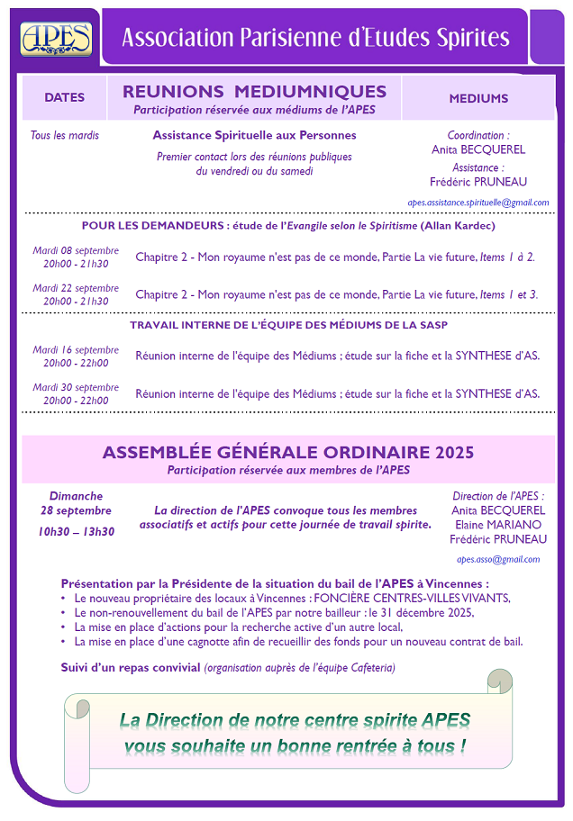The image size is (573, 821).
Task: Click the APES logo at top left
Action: click(x=56, y=37)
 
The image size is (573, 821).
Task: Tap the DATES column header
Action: click(x=64, y=98)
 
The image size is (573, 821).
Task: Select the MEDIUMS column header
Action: click(x=478, y=98)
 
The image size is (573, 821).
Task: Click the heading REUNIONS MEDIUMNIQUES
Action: click(x=254, y=92)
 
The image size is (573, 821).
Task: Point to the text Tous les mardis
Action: click(x=65, y=136)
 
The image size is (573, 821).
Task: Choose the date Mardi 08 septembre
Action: click(x=76, y=248)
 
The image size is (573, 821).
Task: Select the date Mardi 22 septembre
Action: click(x=76, y=288)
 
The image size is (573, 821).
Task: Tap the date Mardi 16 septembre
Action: click(x=76, y=350)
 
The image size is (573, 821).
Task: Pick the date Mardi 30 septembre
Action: click(x=76, y=387)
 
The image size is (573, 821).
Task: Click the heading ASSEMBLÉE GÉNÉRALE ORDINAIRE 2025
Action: click(x=288, y=452)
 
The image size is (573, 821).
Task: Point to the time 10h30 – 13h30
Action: click(x=76, y=531)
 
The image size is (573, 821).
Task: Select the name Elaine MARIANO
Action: click(x=498, y=525)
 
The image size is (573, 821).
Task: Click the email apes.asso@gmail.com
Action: click(x=498, y=559)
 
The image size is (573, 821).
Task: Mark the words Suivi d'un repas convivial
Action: click(x=131, y=667)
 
